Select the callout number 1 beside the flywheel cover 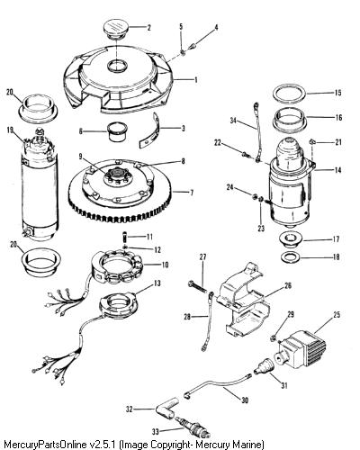click(196, 80)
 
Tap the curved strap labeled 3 click(151, 131)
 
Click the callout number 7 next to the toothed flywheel click(192, 193)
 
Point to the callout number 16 click(338, 117)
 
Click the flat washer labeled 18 click(290, 257)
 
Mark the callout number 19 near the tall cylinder click(11, 130)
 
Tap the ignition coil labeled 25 click(301, 349)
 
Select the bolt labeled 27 click(197, 285)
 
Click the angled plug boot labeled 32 click(166, 409)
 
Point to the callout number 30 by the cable click(245, 400)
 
